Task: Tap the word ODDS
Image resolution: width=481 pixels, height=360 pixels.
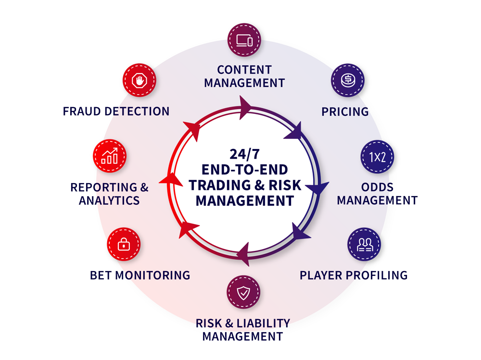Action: (x=377, y=187)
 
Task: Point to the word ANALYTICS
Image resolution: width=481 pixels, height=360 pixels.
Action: (x=109, y=200)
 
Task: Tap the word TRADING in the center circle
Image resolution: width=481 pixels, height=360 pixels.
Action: (x=219, y=185)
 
